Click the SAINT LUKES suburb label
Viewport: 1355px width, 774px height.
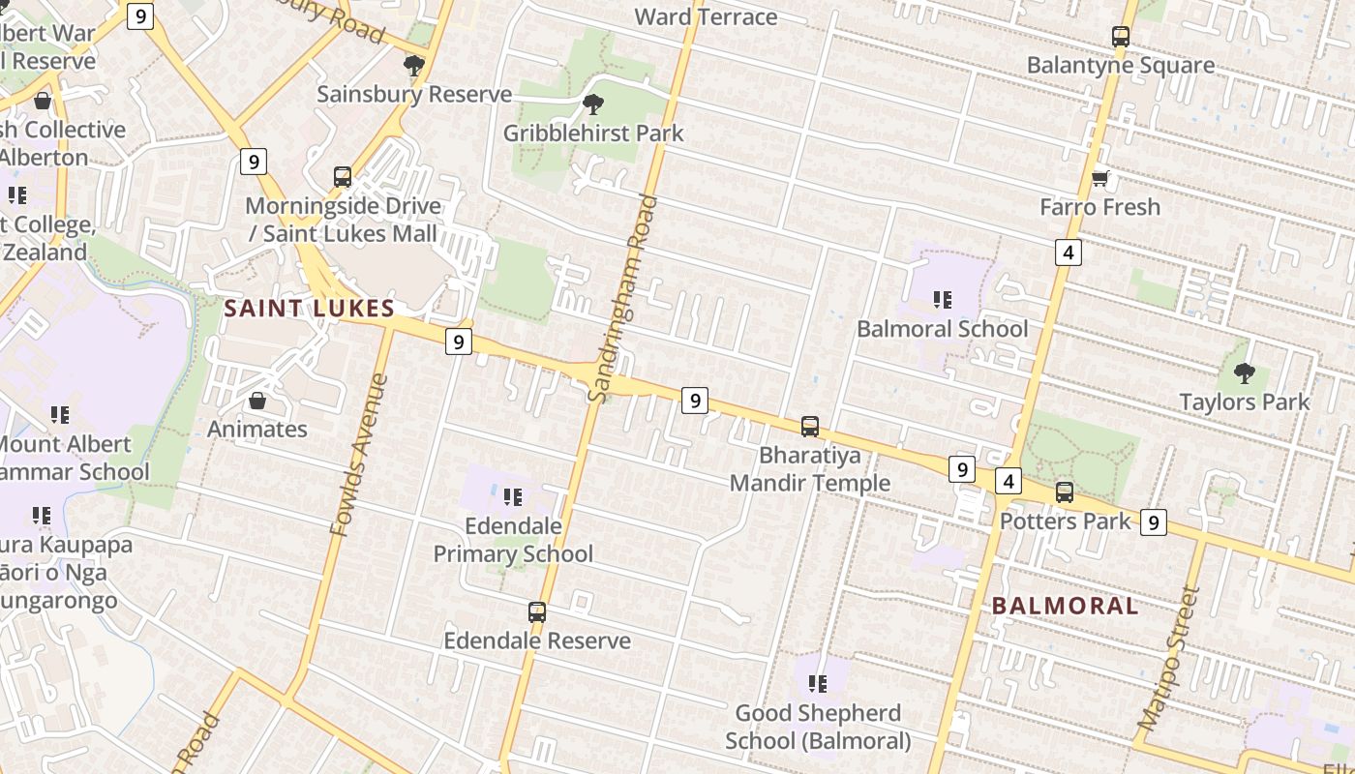tap(309, 309)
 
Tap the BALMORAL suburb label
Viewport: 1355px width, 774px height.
tap(1065, 606)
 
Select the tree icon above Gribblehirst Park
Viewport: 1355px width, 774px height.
tap(593, 104)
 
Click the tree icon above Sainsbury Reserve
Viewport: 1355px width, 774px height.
tap(414, 66)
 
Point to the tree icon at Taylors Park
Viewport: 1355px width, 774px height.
tap(1245, 372)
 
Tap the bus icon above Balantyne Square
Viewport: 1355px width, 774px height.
tap(1121, 37)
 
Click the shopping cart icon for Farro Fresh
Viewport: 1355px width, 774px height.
tap(1099, 179)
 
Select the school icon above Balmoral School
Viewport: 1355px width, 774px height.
tap(943, 300)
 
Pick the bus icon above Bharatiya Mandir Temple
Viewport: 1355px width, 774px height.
tap(810, 426)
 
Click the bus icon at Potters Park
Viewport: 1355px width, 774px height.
tap(1065, 491)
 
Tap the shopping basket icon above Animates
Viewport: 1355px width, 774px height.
tap(257, 401)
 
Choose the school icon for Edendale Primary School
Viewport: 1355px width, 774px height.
tap(513, 497)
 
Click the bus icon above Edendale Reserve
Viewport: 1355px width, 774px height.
tap(537, 611)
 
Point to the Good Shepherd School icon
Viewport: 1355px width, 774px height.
tap(818, 684)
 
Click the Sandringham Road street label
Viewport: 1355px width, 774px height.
tap(624, 298)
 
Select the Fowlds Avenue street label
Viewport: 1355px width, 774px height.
tap(358, 455)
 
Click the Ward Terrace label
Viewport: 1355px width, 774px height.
tap(706, 16)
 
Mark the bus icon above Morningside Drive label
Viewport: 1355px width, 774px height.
tap(343, 177)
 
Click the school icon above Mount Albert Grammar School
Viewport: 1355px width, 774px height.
tap(60, 415)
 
